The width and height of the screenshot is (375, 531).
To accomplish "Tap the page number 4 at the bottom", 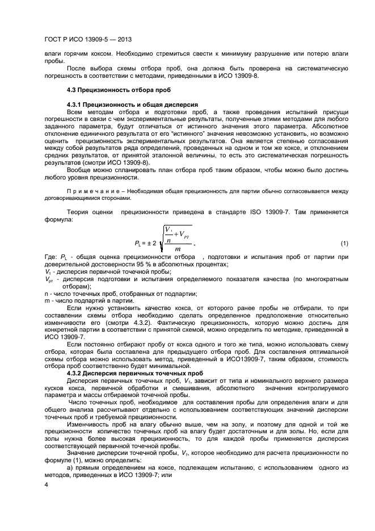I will pos(46,485).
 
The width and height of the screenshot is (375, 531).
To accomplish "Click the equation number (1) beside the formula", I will pos(344,244).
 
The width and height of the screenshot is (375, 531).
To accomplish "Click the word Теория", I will pos(79,212).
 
